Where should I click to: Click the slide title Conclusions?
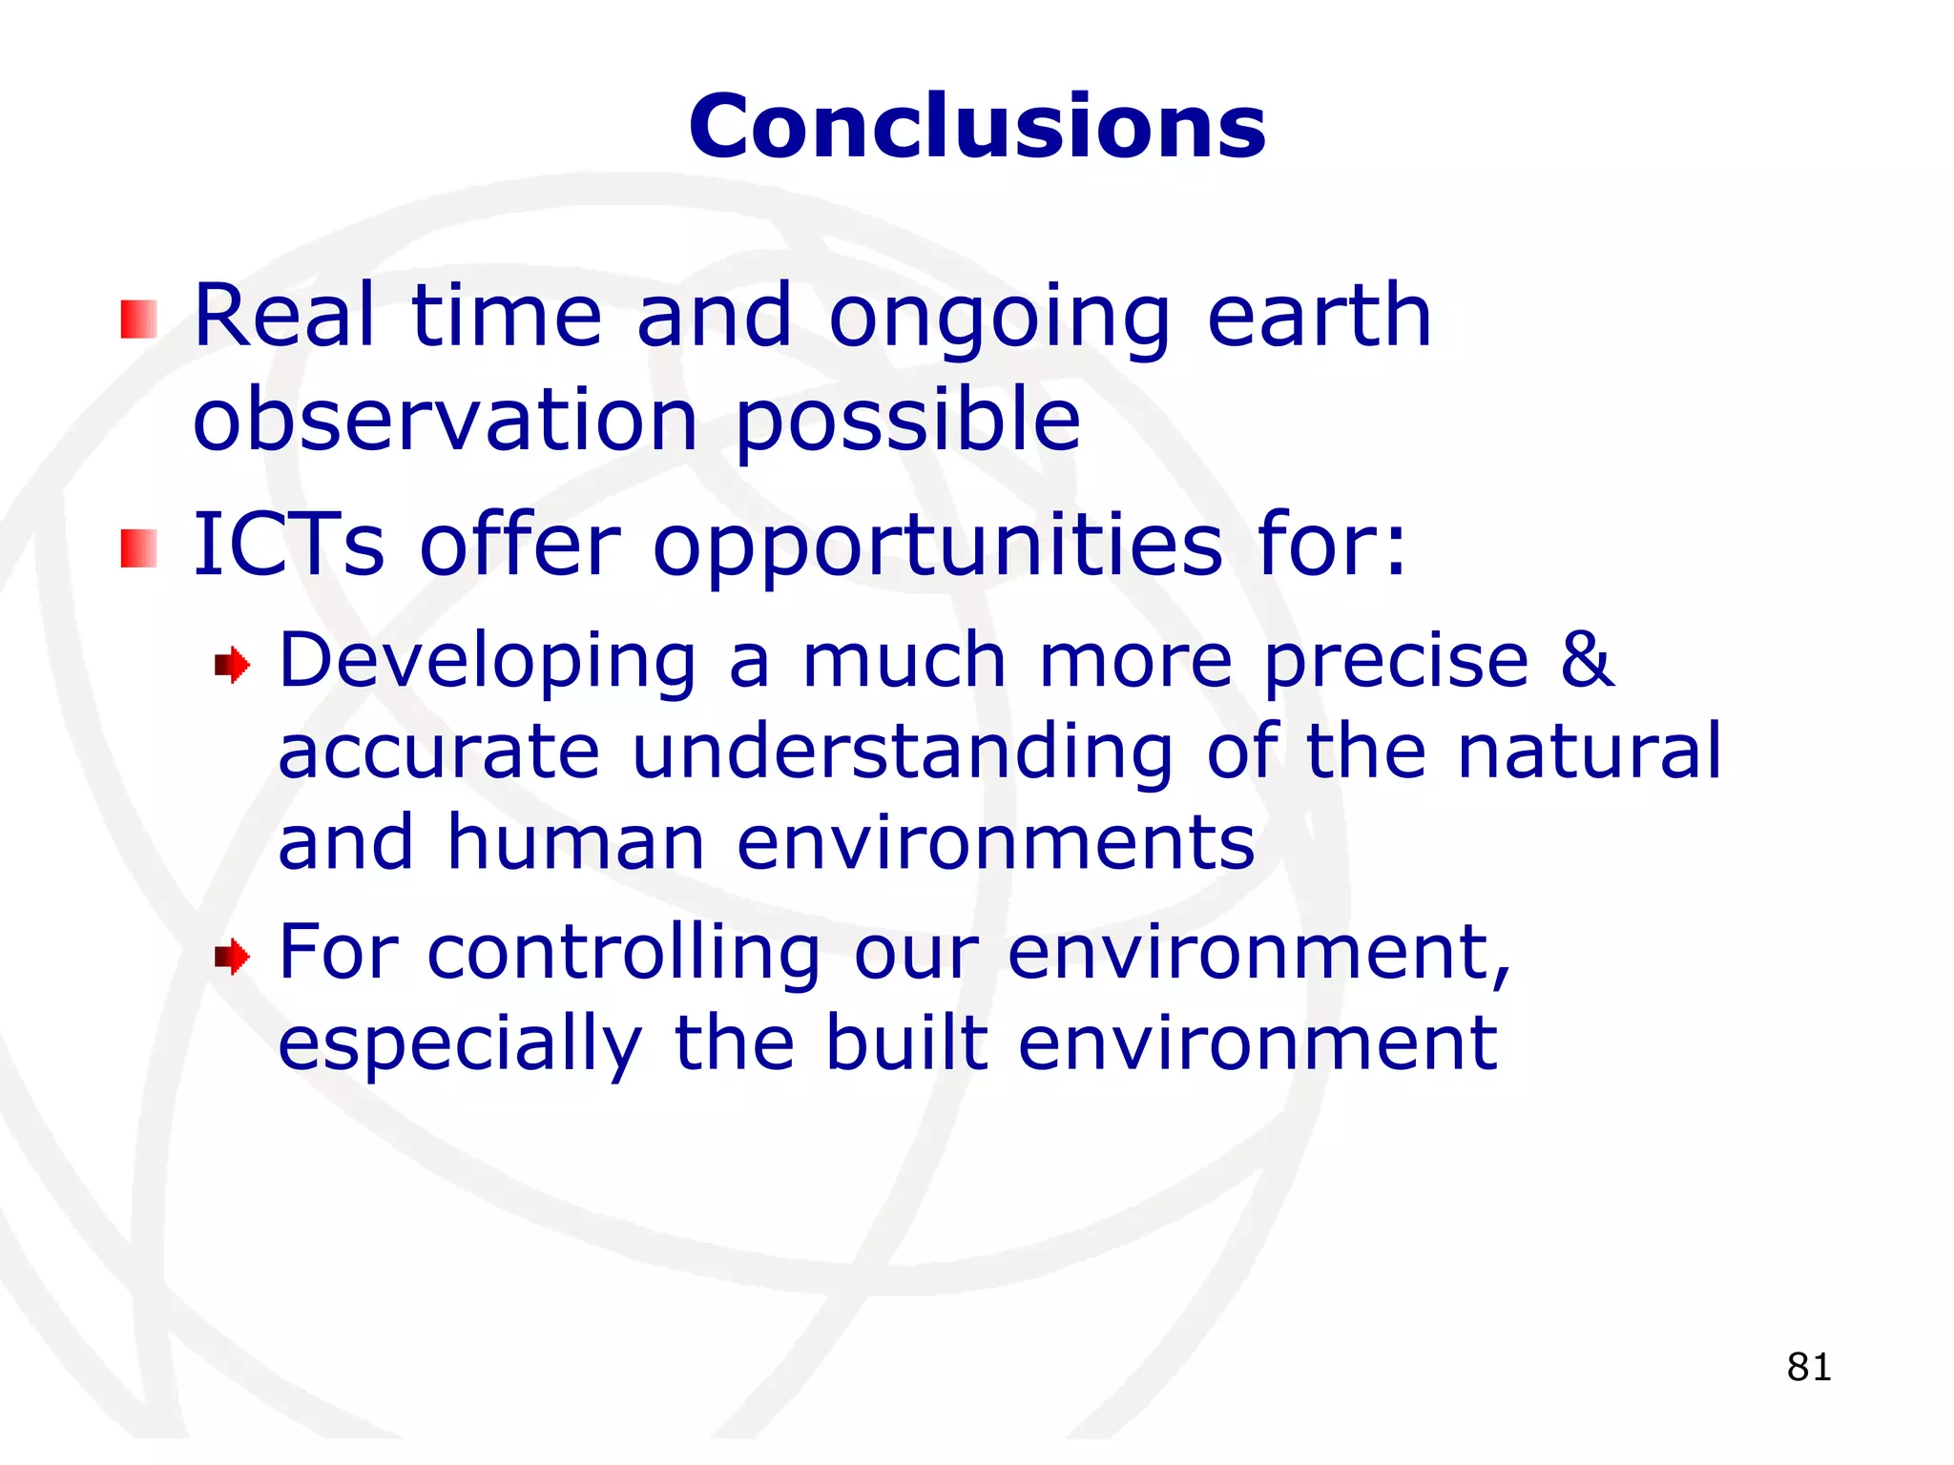point(977,127)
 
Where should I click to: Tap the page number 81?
point(1809,1367)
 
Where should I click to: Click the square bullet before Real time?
point(138,320)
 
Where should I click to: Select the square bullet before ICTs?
point(138,548)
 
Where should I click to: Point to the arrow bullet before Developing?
point(232,665)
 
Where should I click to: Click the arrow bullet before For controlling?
point(232,956)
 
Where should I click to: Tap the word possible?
point(907,422)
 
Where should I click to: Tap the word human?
point(575,842)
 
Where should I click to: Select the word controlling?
point(623,954)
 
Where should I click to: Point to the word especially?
point(460,1045)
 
